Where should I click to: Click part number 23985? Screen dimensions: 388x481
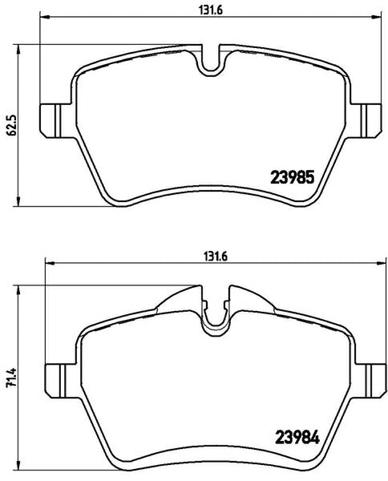pyautogui.click(x=293, y=177)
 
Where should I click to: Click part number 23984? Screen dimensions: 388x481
pyautogui.click(x=297, y=437)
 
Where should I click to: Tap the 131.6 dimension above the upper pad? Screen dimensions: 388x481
pyautogui.click(x=211, y=10)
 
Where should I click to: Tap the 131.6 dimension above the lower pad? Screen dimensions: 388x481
pyautogui.click(x=216, y=257)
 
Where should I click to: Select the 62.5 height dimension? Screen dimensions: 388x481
pyautogui.click(x=11, y=126)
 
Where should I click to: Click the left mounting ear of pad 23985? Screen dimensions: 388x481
pyautogui.click(x=51, y=120)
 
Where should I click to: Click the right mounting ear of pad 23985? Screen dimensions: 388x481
pyautogui.click(x=371, y=120)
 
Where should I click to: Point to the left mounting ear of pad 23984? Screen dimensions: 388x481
pyautogui.click(x=55, y=381)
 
